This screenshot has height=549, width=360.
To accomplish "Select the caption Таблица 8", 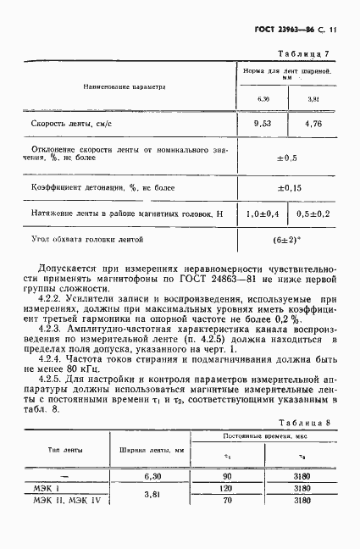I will (x=307, y=420).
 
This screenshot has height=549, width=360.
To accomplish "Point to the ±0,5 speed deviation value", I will (x=286, y=157).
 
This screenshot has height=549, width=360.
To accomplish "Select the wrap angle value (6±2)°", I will (x=286, y=241).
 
